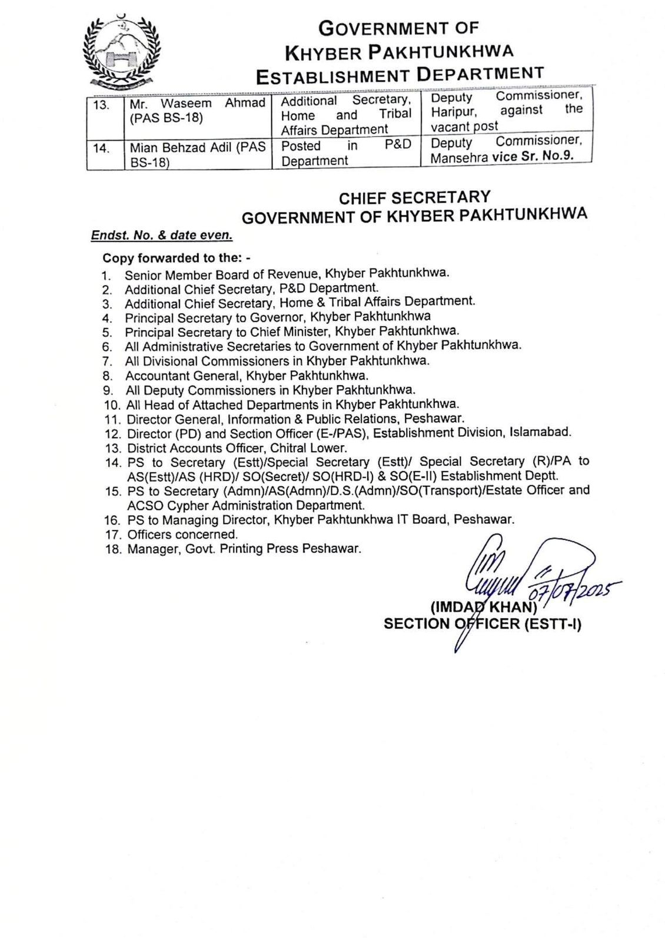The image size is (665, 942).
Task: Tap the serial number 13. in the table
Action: point(102,105)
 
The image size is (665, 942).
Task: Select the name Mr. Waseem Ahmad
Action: point(197,104)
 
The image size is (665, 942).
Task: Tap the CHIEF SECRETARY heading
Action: point(414,198)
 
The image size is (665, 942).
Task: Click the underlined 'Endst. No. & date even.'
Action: point(162,235)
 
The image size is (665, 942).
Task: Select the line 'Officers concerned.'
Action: point(182,535)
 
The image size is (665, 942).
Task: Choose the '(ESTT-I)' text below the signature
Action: point(552,623)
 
